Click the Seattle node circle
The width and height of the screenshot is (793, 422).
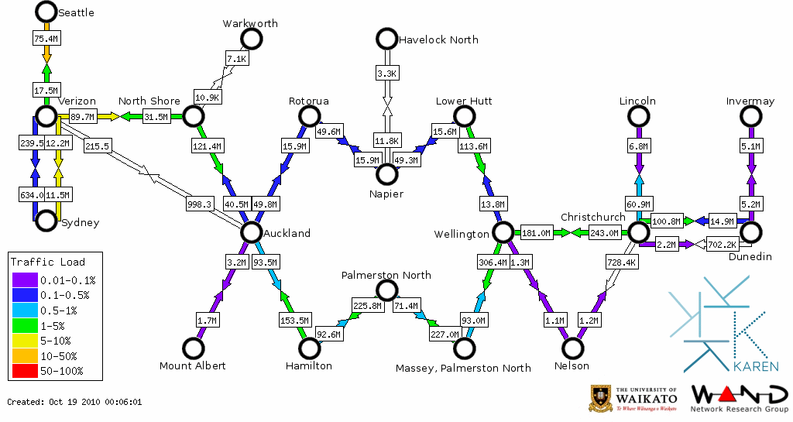point(46,12)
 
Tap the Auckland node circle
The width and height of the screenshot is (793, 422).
point(251,232)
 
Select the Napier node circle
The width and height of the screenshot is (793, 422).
point(386,174)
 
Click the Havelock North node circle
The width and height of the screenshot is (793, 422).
point(386,39)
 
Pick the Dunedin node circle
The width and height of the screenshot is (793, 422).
point(750,232)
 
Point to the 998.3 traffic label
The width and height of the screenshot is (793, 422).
point(199,204)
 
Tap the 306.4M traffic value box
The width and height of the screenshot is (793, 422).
point(493,262)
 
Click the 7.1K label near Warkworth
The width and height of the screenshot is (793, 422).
point(236,59)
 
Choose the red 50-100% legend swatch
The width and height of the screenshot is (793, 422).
point(25,371)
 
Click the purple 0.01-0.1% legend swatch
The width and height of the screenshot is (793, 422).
point(25,280)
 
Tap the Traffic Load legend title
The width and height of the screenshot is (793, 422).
point(48,262)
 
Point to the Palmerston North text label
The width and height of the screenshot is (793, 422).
point(386,275)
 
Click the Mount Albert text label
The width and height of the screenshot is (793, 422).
point(192,365)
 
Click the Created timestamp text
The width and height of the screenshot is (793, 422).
point(74,402)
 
